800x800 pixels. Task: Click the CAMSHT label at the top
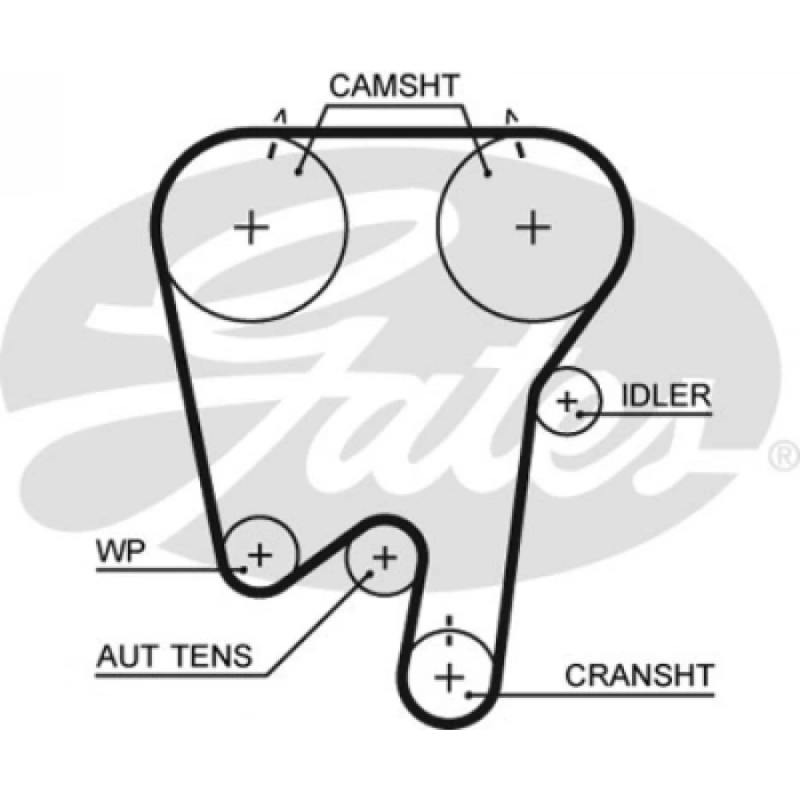394,86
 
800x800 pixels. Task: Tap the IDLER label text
666,395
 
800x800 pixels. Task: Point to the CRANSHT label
639,675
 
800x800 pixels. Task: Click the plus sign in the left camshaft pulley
252,228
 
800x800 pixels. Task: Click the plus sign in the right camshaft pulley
533,228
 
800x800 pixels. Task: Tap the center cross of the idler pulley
566,401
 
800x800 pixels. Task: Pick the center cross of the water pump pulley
259,556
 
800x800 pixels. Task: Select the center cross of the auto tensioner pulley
383,558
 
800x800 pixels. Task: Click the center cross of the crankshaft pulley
451,676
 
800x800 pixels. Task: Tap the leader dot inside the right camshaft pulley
488,173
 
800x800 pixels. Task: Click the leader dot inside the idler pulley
580,412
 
